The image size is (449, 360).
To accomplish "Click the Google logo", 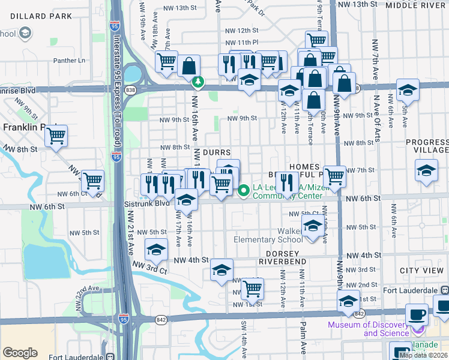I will (x=20, y=353).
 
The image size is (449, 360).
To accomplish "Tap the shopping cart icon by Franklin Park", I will (x=56, y=136).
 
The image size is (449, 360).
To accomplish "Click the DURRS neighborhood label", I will (x=216, y=153).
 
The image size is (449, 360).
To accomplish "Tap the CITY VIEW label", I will (x=425, y=271).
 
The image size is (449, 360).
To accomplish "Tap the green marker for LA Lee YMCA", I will (x=244, y=191).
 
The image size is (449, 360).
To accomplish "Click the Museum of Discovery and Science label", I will (x=368, y=329).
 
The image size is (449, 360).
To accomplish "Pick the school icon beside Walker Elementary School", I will (x=312, y=227).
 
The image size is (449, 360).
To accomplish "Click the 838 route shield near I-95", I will (x=131, y=89).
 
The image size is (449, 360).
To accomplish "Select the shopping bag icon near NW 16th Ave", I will (x=188, y=67).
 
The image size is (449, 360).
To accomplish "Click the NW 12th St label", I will (x=237, y=29).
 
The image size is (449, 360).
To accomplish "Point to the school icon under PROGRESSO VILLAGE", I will (x=426, y=170).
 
